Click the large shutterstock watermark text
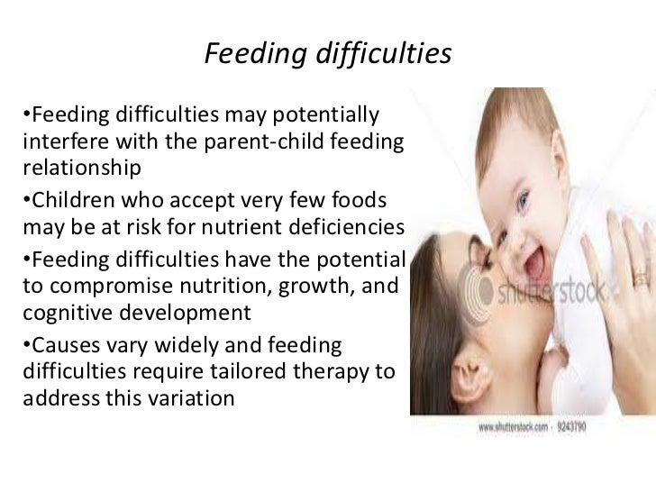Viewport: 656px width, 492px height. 554,293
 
